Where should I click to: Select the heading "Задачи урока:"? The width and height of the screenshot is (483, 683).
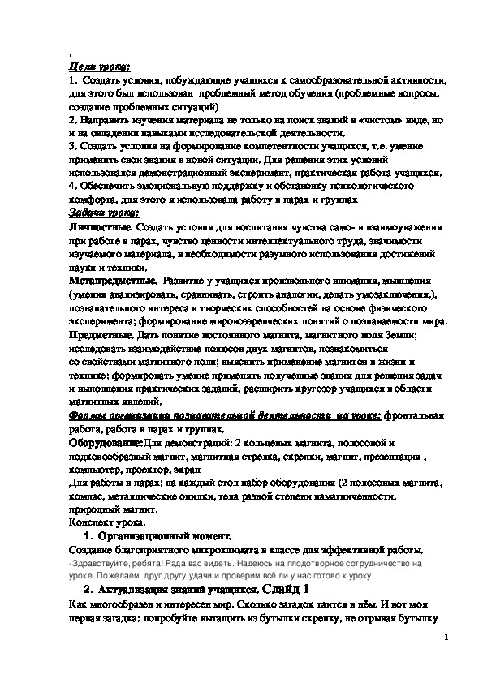tap(101, 213)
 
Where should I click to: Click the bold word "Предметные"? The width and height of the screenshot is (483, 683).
tap(98, 334)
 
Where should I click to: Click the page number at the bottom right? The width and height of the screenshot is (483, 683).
tap(446, 638)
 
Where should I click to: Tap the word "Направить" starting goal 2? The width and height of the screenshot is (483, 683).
tap(104, 119)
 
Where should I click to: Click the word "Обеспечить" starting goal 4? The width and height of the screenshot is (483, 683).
tap(109, 186)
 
